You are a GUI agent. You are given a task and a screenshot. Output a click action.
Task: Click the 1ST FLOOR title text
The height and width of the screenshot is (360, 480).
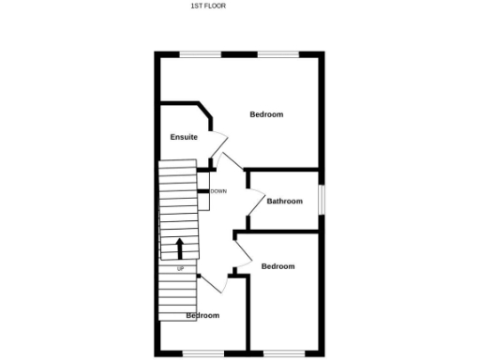coord(208,6)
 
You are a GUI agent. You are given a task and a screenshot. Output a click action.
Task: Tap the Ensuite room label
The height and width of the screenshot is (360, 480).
coord(184,138)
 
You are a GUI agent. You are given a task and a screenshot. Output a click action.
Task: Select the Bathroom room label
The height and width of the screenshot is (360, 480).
coord(285,202)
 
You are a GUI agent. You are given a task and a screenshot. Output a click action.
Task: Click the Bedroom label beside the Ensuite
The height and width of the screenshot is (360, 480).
coord(266,114)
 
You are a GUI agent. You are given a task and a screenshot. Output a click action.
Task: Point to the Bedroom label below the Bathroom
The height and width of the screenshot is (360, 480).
coord(277,266)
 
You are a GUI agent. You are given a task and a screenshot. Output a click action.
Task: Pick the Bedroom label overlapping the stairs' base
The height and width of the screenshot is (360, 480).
coord(202,316)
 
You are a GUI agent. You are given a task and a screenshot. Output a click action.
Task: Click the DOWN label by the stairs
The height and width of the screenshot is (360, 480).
coord(218,191)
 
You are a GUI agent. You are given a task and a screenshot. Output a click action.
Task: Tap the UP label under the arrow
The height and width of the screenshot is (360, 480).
coord(181,269)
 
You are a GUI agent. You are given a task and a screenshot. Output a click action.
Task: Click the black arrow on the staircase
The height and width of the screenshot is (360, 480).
coord(179,248)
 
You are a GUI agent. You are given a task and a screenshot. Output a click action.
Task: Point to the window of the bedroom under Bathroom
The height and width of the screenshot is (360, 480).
coord(285,352)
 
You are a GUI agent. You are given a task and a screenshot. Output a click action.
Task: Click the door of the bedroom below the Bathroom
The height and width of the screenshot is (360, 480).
coord(240,247)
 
